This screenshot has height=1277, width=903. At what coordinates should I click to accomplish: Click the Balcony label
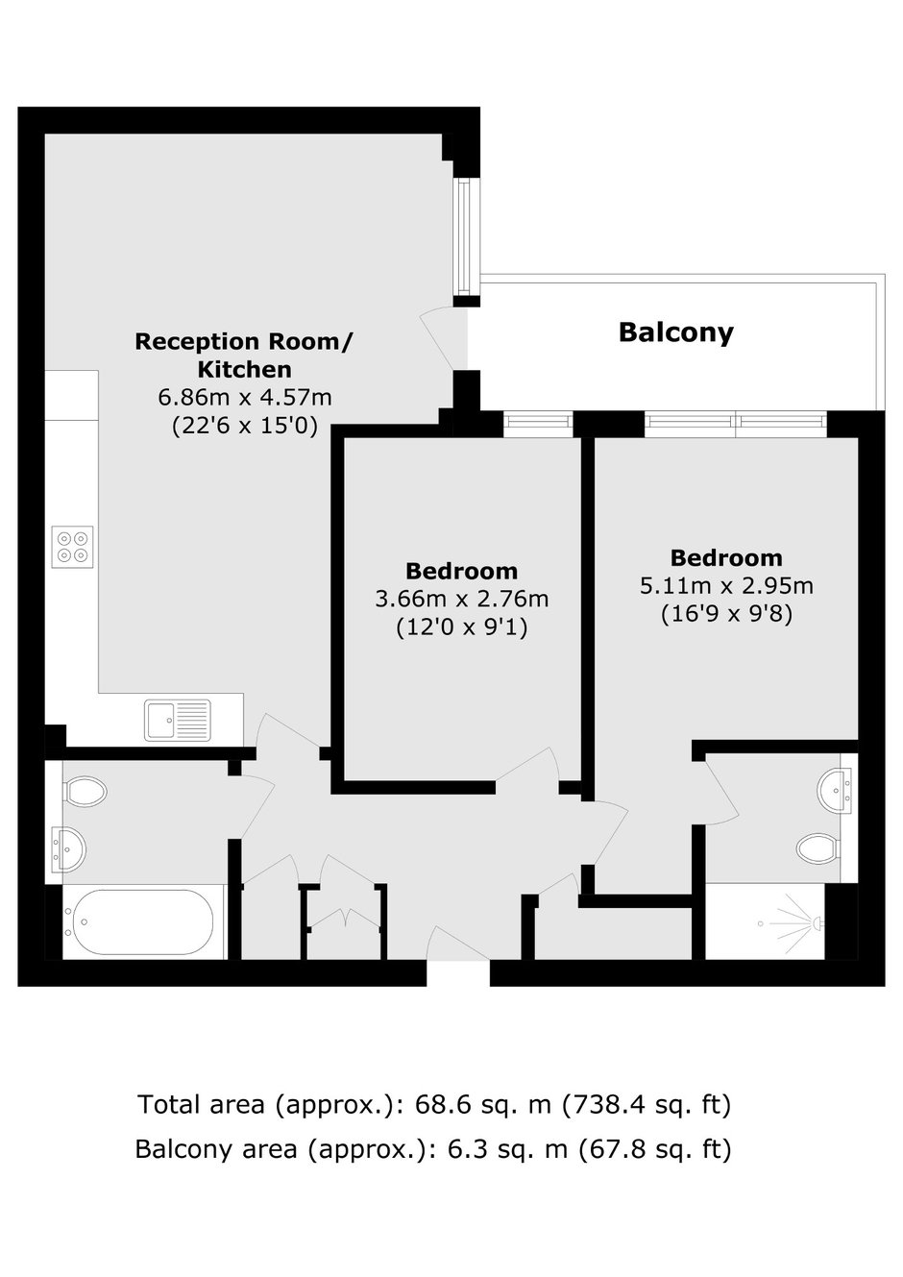(x=676, y=332)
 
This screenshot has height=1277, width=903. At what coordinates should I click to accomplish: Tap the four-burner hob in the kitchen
(x=72, y=546)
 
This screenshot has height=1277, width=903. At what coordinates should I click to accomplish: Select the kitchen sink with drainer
(x=178, y=721)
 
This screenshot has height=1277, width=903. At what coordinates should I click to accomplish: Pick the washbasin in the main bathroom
(x=68, y=849)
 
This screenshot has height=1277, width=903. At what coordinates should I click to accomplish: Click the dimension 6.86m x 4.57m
(x=245, y=398)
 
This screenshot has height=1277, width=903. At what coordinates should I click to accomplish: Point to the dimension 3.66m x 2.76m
(x=462, y=600)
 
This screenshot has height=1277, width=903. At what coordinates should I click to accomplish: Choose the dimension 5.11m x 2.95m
(x=726, y=586)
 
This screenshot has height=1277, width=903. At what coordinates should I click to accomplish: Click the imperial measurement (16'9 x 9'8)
(x=727, y=615)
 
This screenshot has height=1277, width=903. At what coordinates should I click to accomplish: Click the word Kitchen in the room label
(x=245, y=369)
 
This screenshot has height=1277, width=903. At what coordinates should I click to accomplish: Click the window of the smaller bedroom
(x=538, y=424)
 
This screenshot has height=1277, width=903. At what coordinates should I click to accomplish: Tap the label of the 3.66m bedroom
(x=462, y=571)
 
